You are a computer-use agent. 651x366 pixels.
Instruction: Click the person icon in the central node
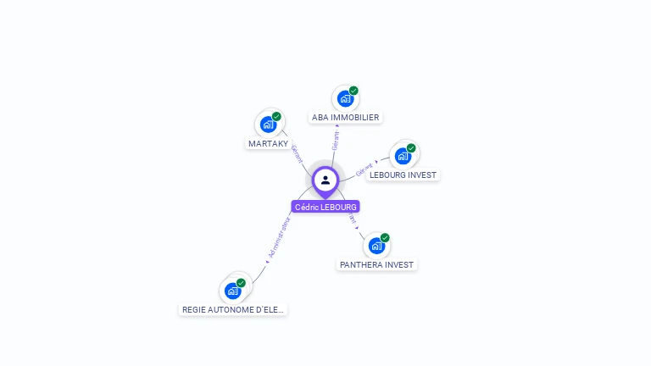(325, 180)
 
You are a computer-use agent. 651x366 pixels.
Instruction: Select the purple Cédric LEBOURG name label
(325, 207)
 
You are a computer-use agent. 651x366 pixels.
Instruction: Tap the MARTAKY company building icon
(268, 125)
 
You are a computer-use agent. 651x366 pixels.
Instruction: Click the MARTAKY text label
(268, 144)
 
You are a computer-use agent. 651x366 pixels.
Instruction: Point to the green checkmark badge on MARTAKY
(276, 116)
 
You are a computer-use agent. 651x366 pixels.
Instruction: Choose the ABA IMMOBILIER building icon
(345, 98)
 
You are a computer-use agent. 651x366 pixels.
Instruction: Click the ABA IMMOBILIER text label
(346, 118)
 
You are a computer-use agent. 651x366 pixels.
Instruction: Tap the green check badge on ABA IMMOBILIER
(353, 91)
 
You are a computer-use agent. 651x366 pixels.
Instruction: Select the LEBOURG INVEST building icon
(403, 156)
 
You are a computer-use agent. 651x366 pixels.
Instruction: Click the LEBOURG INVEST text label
(403, 175)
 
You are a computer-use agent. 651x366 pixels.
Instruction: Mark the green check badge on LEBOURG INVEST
(411, 148)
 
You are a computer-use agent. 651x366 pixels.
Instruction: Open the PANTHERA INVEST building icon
(376, 246)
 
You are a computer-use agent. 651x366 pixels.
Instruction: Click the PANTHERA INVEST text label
(377, 265)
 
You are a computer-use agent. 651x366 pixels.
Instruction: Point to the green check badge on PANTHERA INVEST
(385, 238)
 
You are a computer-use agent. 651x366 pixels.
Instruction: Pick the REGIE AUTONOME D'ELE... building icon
(232, 291)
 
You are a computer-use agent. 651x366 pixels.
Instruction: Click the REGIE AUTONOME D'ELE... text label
(235, 310)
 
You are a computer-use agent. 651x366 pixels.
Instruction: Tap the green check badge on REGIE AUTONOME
(241, 283)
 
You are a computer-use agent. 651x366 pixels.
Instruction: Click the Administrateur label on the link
(279, 236)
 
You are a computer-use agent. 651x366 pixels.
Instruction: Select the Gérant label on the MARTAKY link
(298, 153)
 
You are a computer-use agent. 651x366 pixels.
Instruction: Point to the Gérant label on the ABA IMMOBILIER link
(336, 141)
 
